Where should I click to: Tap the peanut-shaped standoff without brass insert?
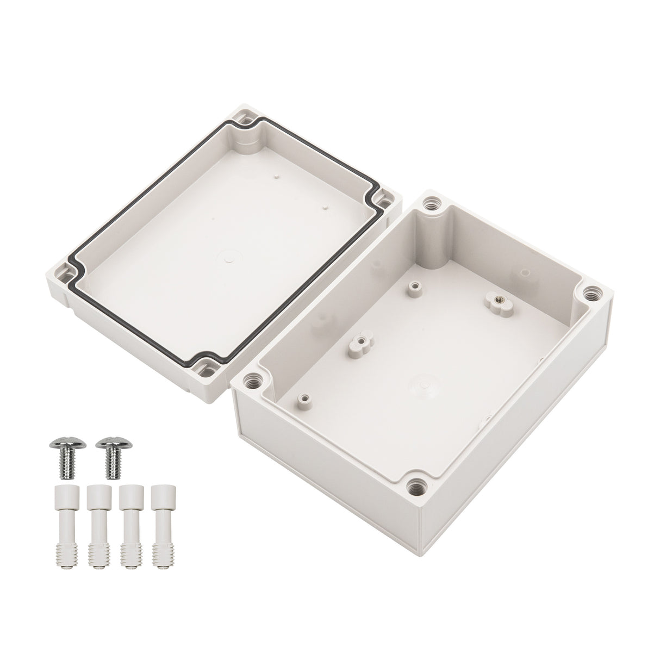[358, 343]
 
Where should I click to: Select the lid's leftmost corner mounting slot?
[66, 270]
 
